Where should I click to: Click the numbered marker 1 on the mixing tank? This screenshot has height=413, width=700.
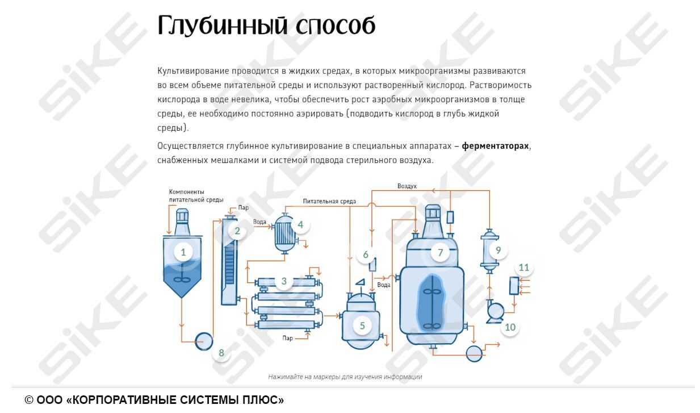coord(183,252)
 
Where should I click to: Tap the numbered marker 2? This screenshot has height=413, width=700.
coord(237,231)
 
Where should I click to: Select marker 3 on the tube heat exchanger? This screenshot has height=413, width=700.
coord(284,281)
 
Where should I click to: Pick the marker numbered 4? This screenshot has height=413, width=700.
coord(300,224)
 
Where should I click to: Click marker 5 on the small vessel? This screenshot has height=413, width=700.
coord(362,326)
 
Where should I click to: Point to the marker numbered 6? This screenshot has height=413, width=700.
coord(366,255)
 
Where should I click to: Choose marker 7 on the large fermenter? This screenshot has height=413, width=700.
coord(440,252)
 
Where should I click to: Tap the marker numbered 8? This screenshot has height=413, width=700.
coord(221,353)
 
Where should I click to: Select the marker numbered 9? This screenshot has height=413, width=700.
coord(498,249)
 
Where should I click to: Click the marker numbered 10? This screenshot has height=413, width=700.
coord(510,327)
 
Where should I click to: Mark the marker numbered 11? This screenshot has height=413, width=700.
coord(523,267)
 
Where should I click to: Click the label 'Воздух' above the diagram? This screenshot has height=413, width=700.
coord(407,186)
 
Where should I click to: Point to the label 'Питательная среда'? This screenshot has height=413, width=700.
coord(329,201)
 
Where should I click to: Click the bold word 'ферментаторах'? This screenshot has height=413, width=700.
coord(495,146)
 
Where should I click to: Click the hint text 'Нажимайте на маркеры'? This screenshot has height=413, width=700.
coord(307,377)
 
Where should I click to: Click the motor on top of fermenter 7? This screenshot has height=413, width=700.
coord(434,212)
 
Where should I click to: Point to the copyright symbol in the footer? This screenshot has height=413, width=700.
coord(29,400)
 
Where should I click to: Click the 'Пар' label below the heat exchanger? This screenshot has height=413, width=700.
coord(288,338)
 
